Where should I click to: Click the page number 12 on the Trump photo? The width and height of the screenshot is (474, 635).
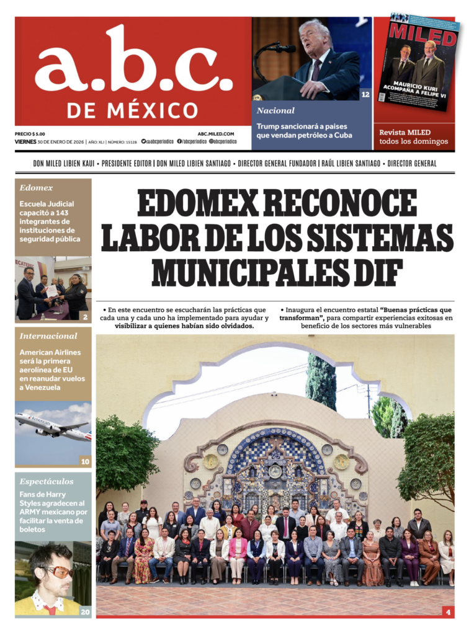pos(365,94)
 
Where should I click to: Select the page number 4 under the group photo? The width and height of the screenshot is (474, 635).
pos(447,611)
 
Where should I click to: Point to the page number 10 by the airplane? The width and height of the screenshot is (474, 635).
pos(85,461)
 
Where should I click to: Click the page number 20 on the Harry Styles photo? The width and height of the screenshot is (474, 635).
pos(85,611)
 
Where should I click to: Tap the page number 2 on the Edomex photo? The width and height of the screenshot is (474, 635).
pos(85,316)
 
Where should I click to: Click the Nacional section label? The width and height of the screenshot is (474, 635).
pos(276,110)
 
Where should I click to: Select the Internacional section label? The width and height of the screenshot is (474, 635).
pos(48,335)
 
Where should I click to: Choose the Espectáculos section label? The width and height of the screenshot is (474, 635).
pos(47,481)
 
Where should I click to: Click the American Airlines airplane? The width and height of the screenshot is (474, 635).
pos(53,427)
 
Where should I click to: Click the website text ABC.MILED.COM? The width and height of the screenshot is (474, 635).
pos(216,133)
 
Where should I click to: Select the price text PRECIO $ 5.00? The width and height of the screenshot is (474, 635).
pos(30,133)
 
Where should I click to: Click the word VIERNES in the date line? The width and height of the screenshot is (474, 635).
pos(25,141)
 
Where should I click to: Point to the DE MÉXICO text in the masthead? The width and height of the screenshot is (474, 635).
pos(132,110)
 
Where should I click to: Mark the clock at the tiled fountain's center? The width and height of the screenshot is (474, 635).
pos(275,471)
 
